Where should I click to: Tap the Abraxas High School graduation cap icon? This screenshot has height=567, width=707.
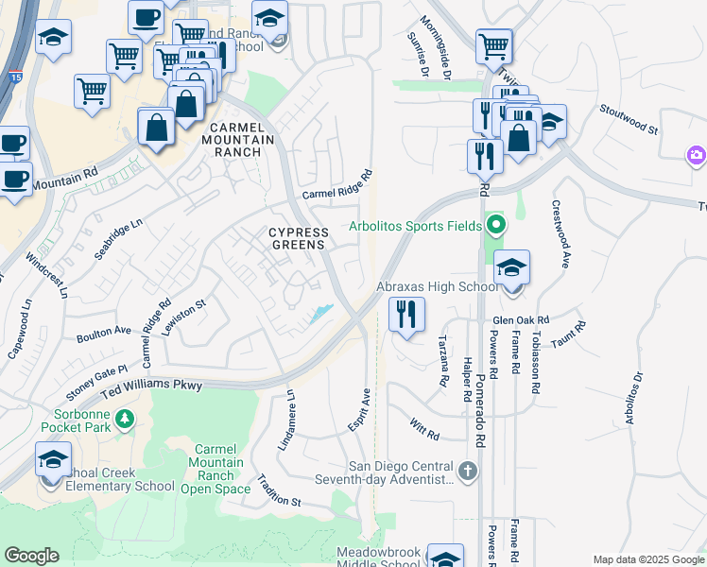point(511,268)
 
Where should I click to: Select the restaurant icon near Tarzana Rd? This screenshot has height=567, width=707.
point(406,314)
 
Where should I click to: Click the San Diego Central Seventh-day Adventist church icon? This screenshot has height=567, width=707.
point(467,470)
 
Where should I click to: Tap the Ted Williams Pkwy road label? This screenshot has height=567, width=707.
point(151,386)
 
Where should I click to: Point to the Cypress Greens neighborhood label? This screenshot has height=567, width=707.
point(299,238)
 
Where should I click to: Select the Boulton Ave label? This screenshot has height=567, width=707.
point(104,332)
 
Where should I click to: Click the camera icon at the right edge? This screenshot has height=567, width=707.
point(697,155)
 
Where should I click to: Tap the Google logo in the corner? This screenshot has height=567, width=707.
point(31,556)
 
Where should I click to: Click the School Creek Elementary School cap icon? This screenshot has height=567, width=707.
point(53,460)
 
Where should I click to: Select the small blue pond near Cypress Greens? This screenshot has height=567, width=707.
point(321,314)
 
